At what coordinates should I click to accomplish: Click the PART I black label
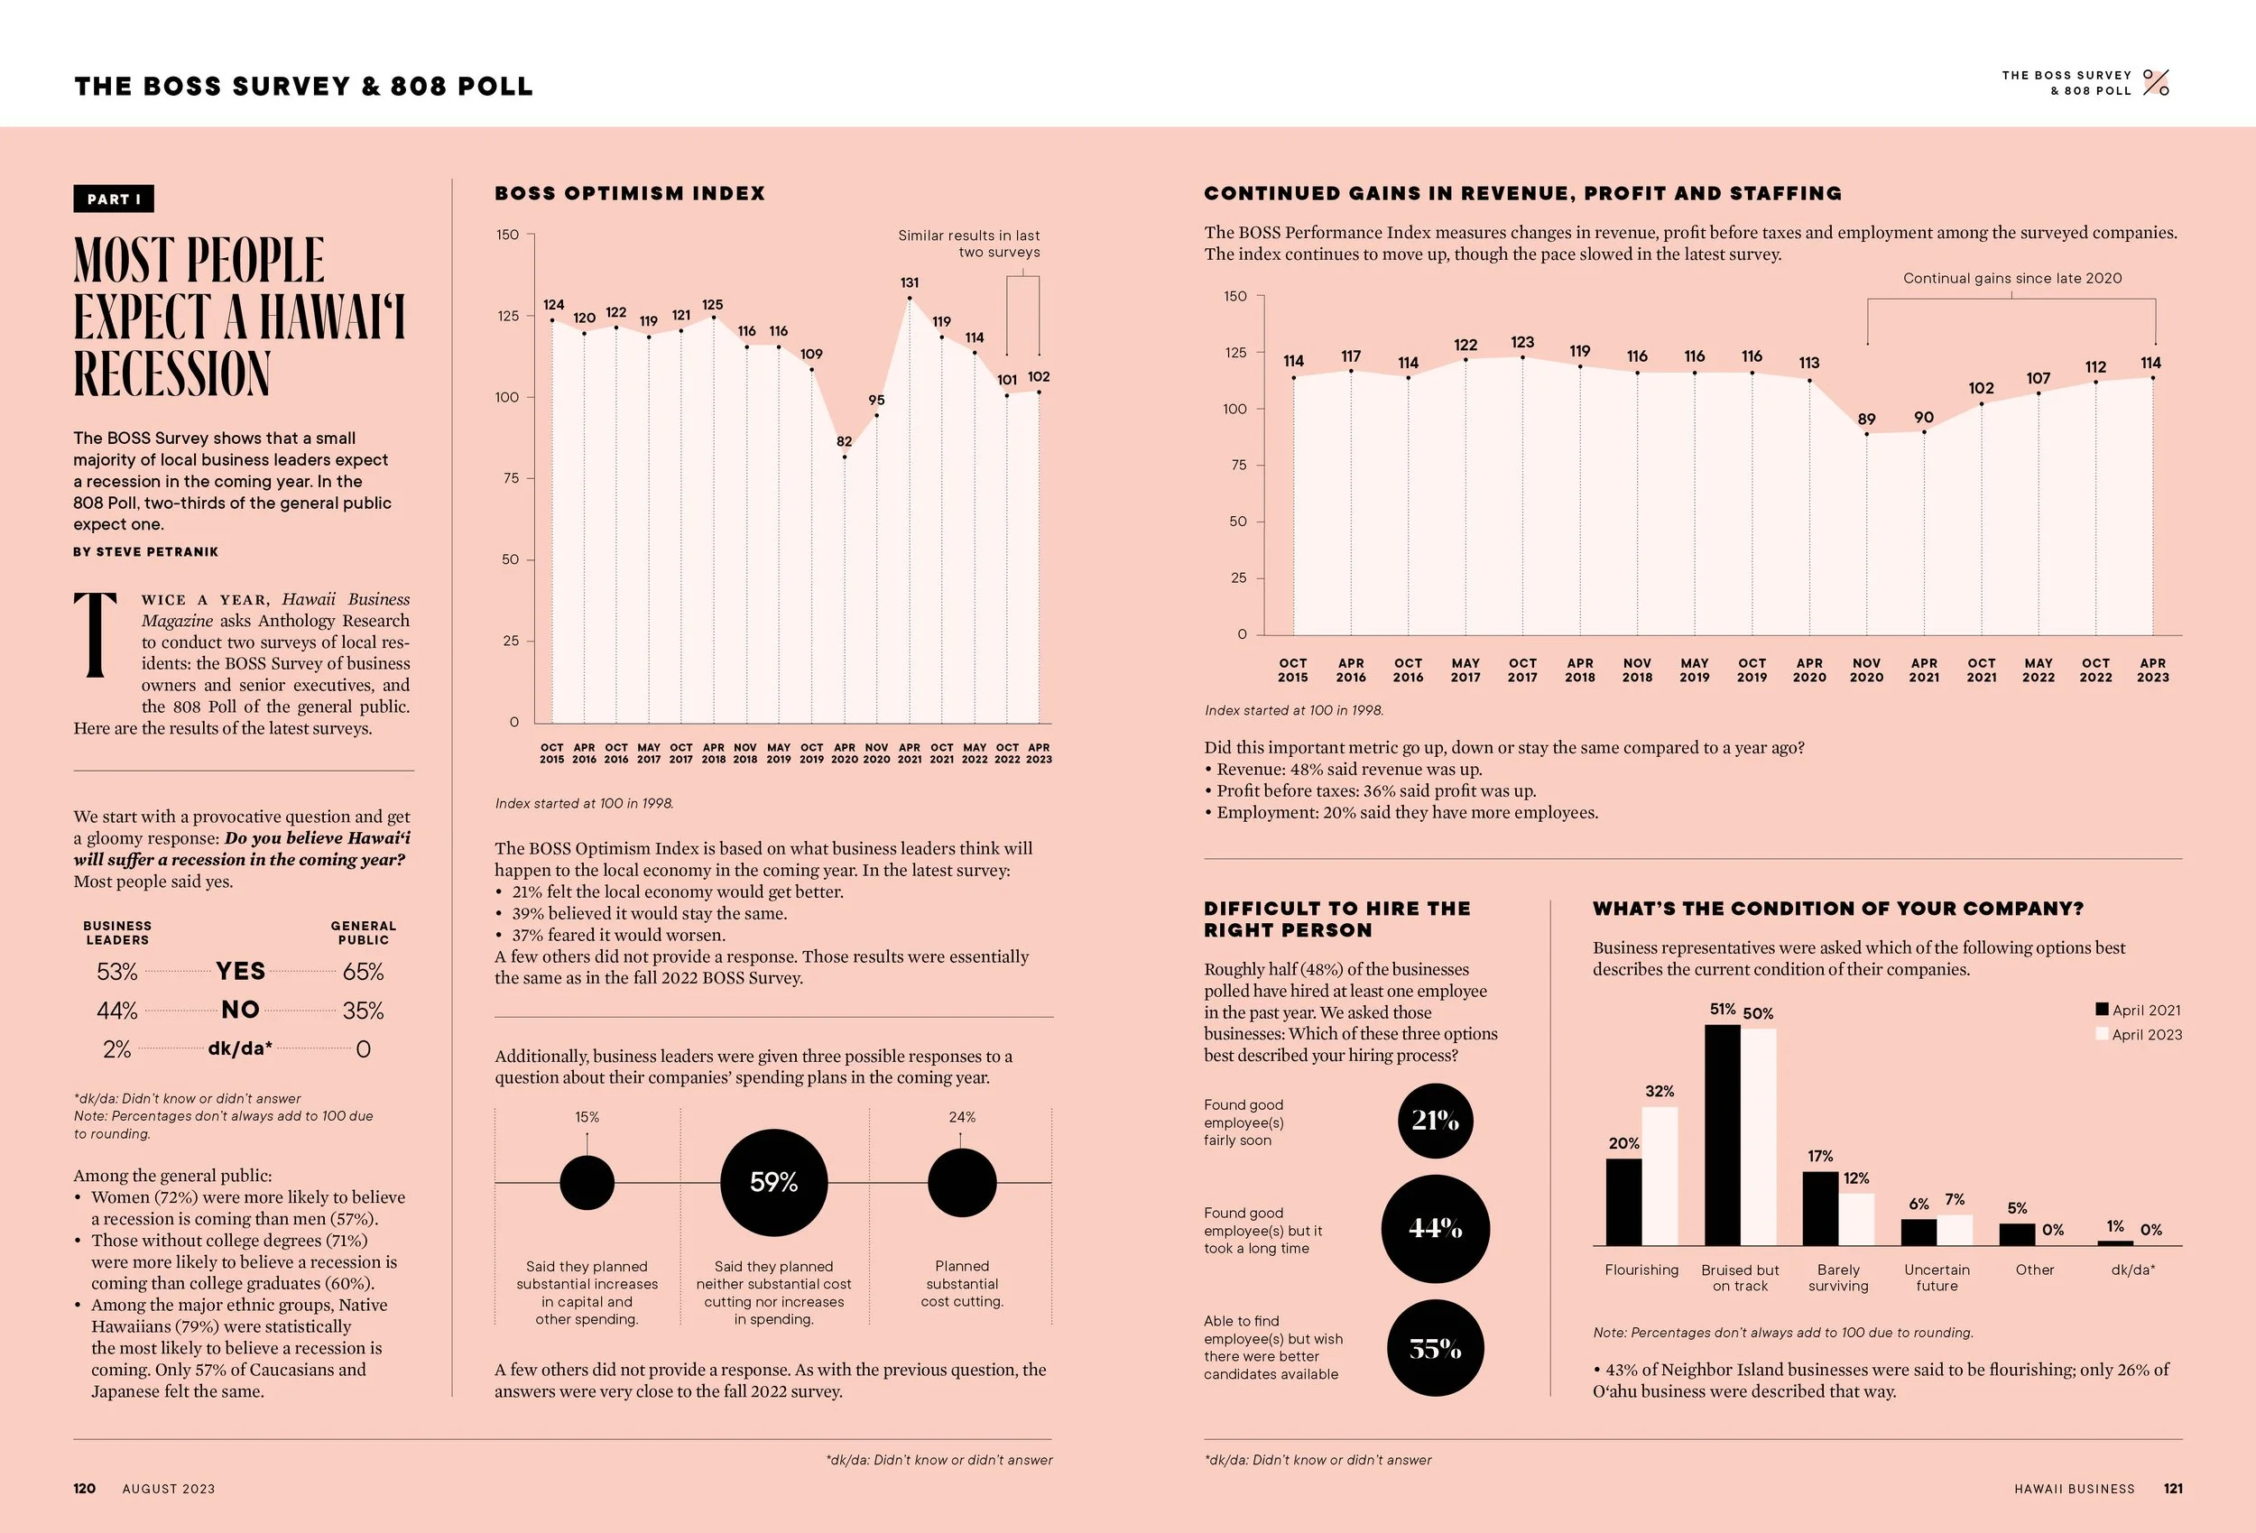pos(114,199)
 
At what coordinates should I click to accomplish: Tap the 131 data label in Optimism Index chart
pos(909,282)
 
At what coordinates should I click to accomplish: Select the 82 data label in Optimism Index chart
pos(844,442)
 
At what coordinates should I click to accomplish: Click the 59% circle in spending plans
pos(773,1183)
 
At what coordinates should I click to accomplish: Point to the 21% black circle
pos(1435,1122)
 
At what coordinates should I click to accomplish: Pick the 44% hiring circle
pos(1435,1229)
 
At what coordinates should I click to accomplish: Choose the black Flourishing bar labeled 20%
pos(1623,1202)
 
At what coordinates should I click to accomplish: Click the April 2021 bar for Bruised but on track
pos(1722,1135)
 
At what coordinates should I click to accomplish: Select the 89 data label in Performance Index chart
pos(1867,420)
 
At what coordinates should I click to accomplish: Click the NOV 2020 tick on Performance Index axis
pos(1867,670)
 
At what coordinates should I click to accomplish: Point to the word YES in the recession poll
pos(240,971)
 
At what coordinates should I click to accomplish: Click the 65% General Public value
pos(363,972)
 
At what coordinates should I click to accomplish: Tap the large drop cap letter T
pos(96,635)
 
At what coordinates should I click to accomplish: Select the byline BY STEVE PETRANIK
pos(145,551)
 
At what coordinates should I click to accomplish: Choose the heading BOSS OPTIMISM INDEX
pos(630,193)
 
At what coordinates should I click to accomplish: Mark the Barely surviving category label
pos(1837,1278)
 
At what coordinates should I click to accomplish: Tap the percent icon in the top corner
pos(2156,82)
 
